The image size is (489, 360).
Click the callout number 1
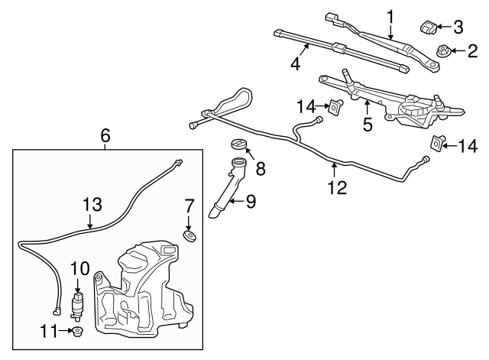point(390,15)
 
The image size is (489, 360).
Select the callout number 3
point(458,28)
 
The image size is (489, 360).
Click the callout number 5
point(368,124)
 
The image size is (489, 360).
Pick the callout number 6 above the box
point(105,136)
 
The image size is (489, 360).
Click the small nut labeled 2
point(442,51)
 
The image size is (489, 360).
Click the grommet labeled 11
point(77,332)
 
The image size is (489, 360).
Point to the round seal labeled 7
point(189,235)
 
